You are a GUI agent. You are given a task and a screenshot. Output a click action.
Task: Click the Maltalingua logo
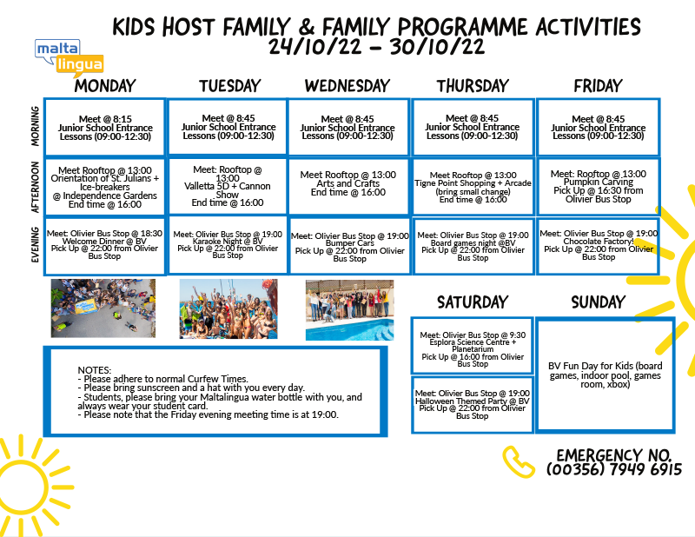(x=69, y=57)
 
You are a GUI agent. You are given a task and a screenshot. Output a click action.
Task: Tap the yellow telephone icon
(x=518, y=461)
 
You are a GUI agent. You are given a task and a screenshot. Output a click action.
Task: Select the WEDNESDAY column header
(x=347, y=85)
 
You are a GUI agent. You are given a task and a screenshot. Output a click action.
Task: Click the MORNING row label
(x=35, y=126)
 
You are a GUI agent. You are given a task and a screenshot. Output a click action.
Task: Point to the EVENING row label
(x=35, y=244)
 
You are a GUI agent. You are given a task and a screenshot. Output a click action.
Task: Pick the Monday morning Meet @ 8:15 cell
(x=105, y=127)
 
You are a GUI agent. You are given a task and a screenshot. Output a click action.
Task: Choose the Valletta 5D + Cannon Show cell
(x=228, y=186)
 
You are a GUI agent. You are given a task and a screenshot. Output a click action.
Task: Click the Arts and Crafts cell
(x=348, y=186)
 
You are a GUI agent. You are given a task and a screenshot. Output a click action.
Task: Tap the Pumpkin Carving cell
(x=599, y=186)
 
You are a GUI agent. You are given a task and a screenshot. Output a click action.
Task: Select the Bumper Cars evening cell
(x=350, y=246)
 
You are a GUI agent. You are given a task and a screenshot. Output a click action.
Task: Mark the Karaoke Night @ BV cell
(x=228, y=245)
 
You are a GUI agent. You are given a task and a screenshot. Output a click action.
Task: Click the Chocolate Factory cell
(x=598, y=245)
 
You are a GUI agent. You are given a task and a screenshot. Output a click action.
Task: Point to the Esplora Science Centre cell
(x=472, y=346)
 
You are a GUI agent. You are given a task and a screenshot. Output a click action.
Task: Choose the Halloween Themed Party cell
(x=472, y=404)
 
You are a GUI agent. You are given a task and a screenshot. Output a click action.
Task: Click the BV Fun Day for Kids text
(x=605, y=375)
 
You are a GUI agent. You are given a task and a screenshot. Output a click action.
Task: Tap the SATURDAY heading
(x=473, y=302)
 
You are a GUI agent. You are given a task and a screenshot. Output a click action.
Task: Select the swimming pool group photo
(x=350, y=309)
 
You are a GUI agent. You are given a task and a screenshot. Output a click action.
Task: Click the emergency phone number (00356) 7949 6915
(x=614, y=469)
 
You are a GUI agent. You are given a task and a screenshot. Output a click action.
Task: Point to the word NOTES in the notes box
(x=94, y=370)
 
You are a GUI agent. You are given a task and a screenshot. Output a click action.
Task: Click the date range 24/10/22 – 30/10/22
(x=376, y=46)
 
